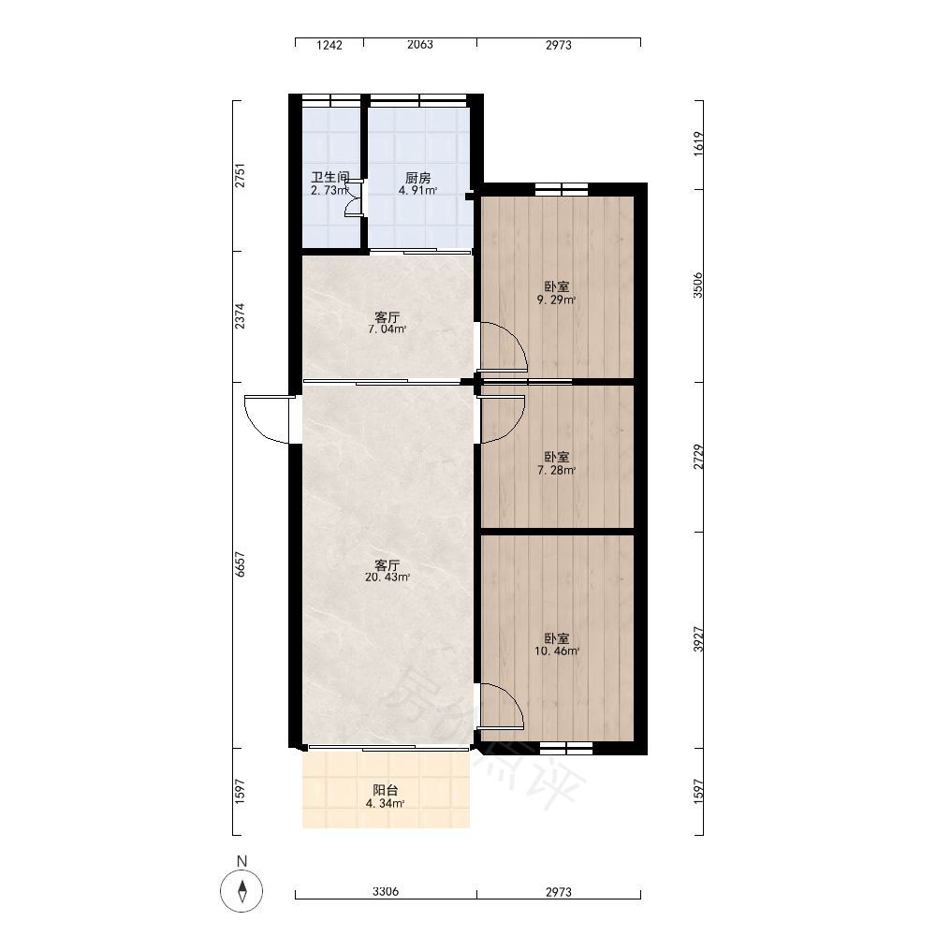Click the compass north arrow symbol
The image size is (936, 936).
[241, 891]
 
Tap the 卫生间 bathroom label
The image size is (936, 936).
[330, 177]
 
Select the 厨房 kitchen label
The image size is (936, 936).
[417, 178]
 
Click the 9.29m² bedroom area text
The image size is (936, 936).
[556, 300]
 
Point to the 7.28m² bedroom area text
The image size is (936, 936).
[556, 471]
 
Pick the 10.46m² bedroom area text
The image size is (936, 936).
[556, 651]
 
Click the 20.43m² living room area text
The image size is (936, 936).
[388, 578]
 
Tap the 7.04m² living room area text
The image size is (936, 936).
[388, 329]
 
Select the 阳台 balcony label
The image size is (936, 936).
[386, 790]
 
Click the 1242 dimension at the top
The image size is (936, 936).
[329, 45]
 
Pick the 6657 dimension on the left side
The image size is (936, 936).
[240, 564]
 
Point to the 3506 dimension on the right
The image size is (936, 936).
[698, 285]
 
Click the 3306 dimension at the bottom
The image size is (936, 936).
[386, 892]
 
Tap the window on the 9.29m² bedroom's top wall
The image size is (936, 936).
[561, 189]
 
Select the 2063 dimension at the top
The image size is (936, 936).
[419, 45]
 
